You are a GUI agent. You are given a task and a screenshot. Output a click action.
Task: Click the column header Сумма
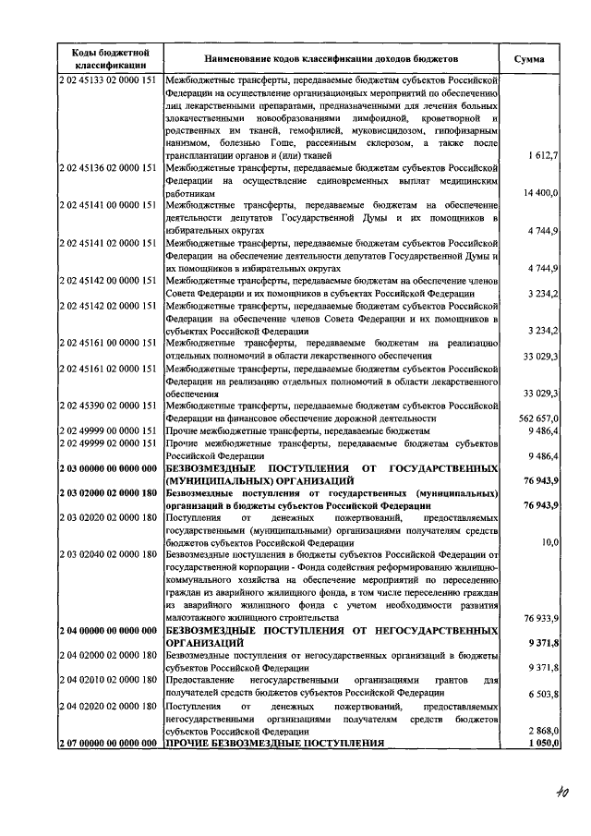529,58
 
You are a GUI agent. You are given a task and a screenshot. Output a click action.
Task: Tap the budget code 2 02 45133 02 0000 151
110,81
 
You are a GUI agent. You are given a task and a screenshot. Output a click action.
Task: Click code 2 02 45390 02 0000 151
110,406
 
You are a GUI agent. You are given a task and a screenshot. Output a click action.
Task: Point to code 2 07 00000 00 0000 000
110,743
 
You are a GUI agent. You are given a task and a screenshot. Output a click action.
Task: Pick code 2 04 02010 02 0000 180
110,680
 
